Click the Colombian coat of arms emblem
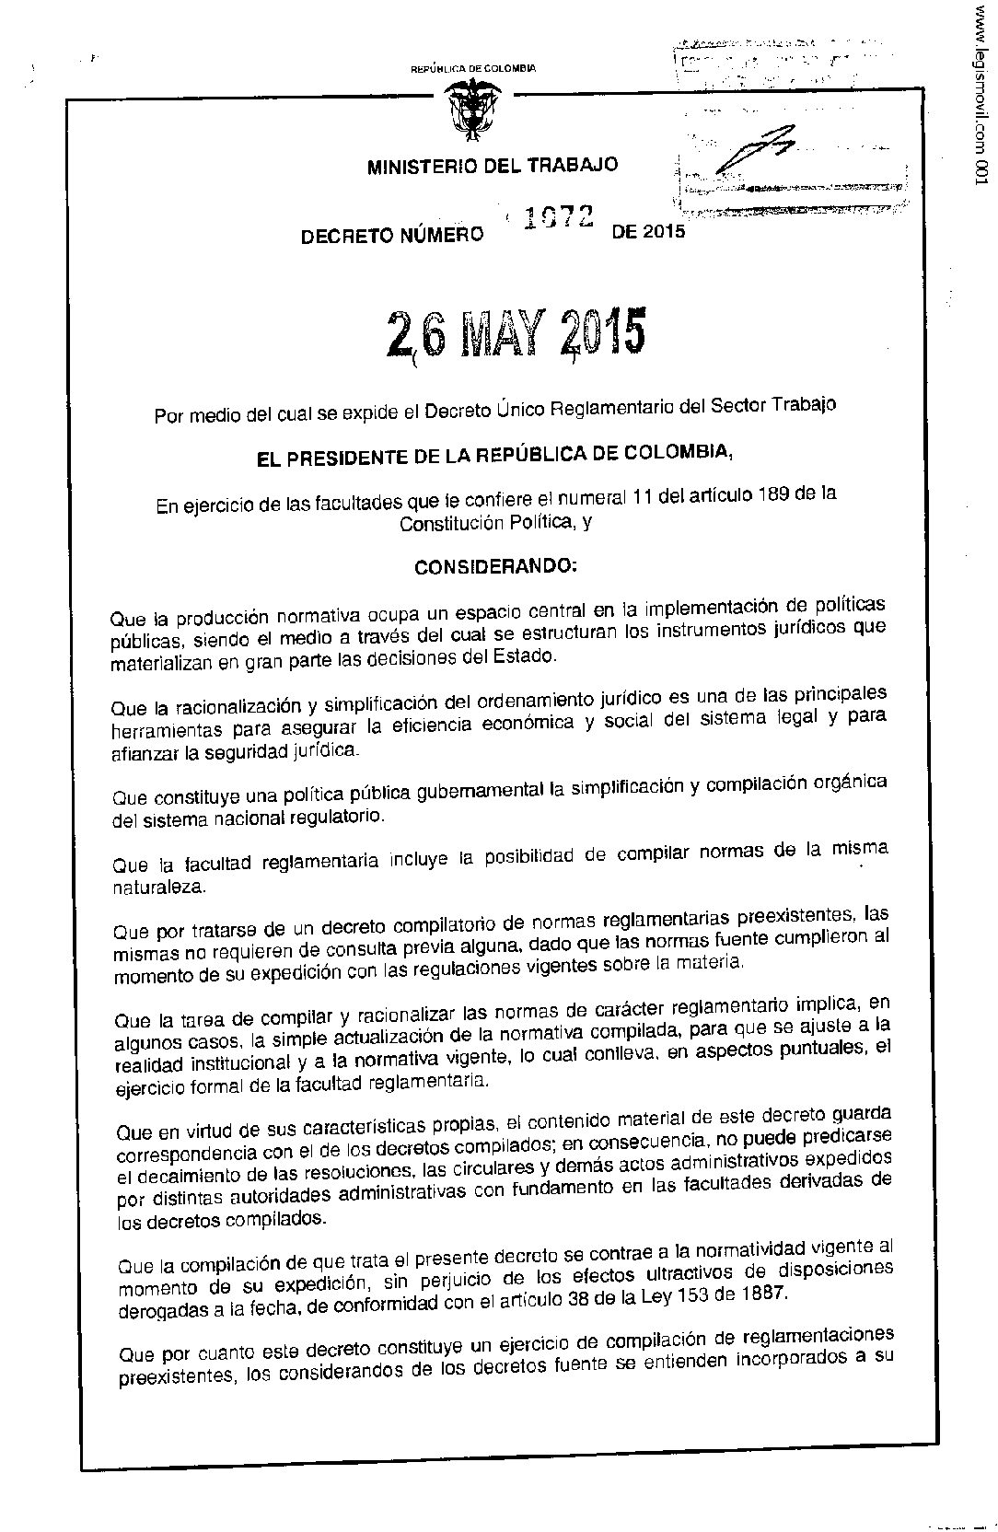pyautogui.click(x=471, y=110)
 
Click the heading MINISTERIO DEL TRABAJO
pyautogui.click(x=493, y=166)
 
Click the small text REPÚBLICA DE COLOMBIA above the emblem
pyautogui.click(x=472, y=68)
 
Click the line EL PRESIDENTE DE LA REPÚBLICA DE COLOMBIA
pyautogui.click(x=494, y=455)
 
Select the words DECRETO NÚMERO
pyautogui.click(x=392, y=236)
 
